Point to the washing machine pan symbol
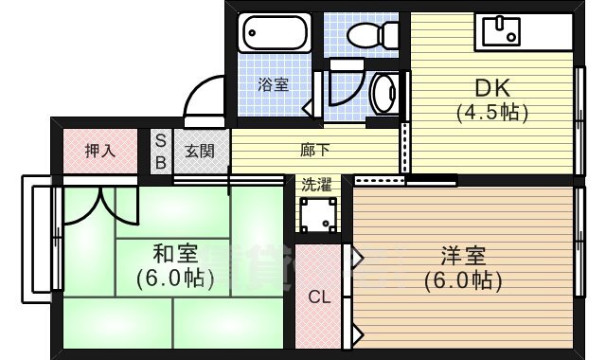click(318, 215)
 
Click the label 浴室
click(274, 84)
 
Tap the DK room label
click(492, 87)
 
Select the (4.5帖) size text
click(492, 111)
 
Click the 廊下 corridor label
click(315, 149)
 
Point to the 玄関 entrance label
click(200, 151)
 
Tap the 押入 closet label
click(100, 150)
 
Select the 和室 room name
click(175, 254)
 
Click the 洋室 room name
click(463, 256)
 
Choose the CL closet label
click(320, 297)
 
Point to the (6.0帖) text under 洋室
click(463, 280)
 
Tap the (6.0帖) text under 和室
click(175, 279)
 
